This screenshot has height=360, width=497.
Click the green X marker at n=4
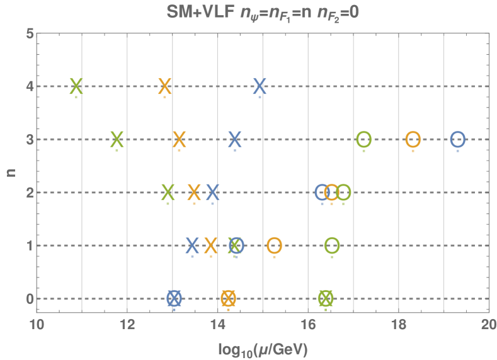click(x=76, y=86)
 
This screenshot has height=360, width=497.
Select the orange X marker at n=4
click(x=165, y=86)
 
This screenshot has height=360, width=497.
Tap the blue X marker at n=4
click(x=260, y=86)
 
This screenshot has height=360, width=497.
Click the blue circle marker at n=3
click(x=458, y=139)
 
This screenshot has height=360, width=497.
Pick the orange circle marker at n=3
click(x=413, y=139)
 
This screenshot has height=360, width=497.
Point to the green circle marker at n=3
click(x=363, y=139)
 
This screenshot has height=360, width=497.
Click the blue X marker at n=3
click(x=235, y=139)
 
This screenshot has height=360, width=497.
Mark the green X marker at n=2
click(x=168, y=192)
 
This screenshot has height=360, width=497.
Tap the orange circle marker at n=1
click(x=274, y=245)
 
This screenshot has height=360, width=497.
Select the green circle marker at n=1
click(x=332, y=245)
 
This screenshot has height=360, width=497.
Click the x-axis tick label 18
click(x=398, y=325)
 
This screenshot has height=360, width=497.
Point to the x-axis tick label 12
click(x=127, y=325)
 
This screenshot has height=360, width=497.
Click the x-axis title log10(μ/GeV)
click(x=263, y=347)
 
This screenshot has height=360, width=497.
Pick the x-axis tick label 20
click(x=488, y=325)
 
